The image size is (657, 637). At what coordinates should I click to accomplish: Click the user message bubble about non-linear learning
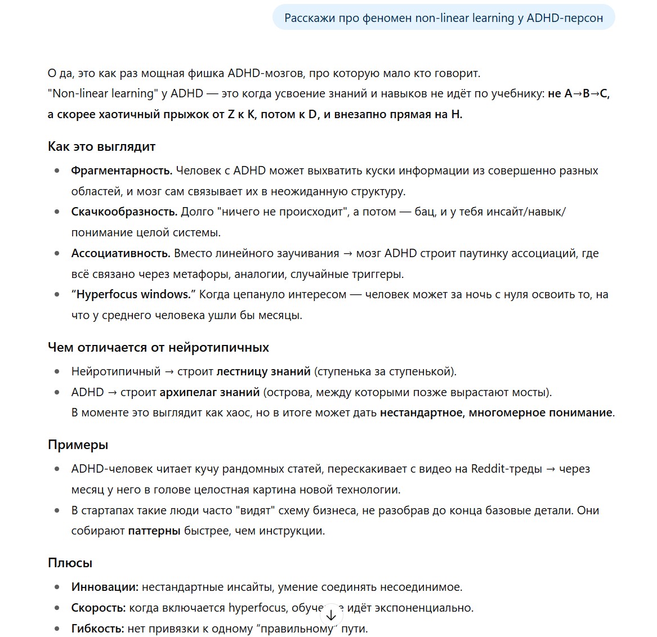[443, 18]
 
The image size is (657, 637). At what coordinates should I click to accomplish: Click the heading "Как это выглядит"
[101, 147]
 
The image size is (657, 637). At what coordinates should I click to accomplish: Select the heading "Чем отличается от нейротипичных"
[158, 348]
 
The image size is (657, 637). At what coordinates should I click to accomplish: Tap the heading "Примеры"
[78, 445]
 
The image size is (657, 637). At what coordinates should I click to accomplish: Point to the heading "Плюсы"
[70, 563]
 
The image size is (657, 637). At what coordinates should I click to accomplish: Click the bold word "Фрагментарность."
[122, 171]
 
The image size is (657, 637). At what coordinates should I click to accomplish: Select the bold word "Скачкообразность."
[124, 212]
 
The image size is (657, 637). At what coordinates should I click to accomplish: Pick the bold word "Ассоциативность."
[120, 253]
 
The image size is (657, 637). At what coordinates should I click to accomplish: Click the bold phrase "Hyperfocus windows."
[135, 294]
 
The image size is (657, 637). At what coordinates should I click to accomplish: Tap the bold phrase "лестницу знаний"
[263, 371]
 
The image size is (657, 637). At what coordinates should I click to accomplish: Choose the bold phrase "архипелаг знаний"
[209, 392]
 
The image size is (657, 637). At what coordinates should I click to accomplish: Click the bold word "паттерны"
[154, 531]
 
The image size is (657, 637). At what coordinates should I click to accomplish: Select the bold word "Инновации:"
[105, 587]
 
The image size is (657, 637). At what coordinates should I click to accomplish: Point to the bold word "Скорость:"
[99, 608]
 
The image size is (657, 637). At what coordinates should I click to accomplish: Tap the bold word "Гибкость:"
[97, 629]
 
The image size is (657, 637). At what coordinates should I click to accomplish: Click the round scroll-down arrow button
[331, 615]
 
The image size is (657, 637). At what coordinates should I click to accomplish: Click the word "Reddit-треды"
[506, 469]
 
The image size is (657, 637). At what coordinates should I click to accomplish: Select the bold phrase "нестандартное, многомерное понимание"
[496, 412]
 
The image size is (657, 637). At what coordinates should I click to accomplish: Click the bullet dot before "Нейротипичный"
[57, 371]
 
